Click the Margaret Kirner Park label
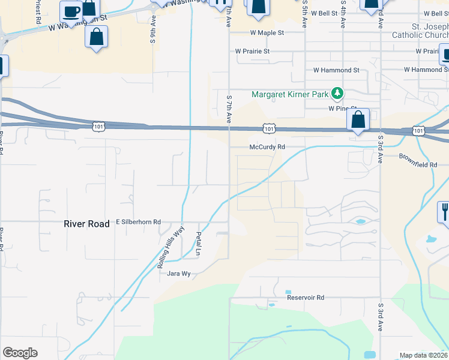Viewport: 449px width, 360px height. coord(290,94)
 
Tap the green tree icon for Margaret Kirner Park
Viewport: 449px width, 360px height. coord(338,94)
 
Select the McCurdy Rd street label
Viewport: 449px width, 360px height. coord(267,147)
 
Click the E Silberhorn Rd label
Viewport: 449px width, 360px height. coord(139,222)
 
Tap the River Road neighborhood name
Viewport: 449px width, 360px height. coord(86,224)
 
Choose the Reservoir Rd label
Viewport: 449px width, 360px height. coord(305,298)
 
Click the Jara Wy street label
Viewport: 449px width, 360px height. coord(178,273)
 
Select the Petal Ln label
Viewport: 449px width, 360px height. coord(197,244)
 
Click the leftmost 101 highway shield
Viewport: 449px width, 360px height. coord(99,126)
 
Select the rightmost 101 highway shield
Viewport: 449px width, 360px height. coord(418,130)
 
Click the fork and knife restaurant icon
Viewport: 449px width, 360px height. coord(444,212)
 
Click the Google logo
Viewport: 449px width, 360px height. coord(20,353)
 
